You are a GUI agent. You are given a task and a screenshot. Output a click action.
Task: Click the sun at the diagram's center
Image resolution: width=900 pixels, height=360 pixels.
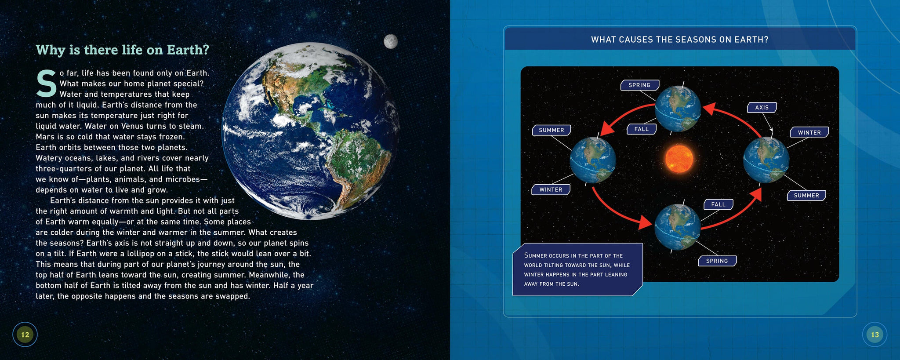click(x=679, y=158)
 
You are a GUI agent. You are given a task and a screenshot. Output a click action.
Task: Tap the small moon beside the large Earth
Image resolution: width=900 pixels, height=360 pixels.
click(x=391, y=41)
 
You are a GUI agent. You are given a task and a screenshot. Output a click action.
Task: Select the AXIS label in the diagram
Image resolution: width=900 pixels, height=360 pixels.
click(x=762, y=107)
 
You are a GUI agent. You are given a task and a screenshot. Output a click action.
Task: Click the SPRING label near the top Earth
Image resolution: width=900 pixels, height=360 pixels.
click(x=639, y=85)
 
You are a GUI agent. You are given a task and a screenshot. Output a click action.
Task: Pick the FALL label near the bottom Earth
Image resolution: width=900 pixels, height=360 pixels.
click(x=719, y=204)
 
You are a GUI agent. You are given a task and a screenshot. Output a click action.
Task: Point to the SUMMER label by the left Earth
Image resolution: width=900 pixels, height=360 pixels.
click(x=552, y=130)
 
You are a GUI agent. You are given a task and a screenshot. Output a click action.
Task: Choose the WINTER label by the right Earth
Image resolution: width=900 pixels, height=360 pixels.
click(x=809, y=132)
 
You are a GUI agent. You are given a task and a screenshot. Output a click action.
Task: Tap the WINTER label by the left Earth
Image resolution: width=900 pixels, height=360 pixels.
click(x=551, y=189)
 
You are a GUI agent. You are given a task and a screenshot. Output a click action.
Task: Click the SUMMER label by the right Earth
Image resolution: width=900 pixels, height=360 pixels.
click(x=806, y=195)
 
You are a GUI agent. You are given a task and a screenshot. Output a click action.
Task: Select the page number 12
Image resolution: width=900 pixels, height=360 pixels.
click(x=25, y=335)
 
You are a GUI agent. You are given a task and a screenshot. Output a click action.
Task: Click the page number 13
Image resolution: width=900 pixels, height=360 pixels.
click(x=875, y=335)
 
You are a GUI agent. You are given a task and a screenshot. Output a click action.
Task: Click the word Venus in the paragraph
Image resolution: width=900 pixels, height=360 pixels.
click(x=132, y=126)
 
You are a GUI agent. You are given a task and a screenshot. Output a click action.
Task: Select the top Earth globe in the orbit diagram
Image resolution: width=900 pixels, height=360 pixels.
click(x=678, y=109)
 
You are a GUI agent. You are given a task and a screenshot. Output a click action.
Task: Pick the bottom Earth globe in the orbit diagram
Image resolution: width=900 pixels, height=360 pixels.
click(x=678, y=227)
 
